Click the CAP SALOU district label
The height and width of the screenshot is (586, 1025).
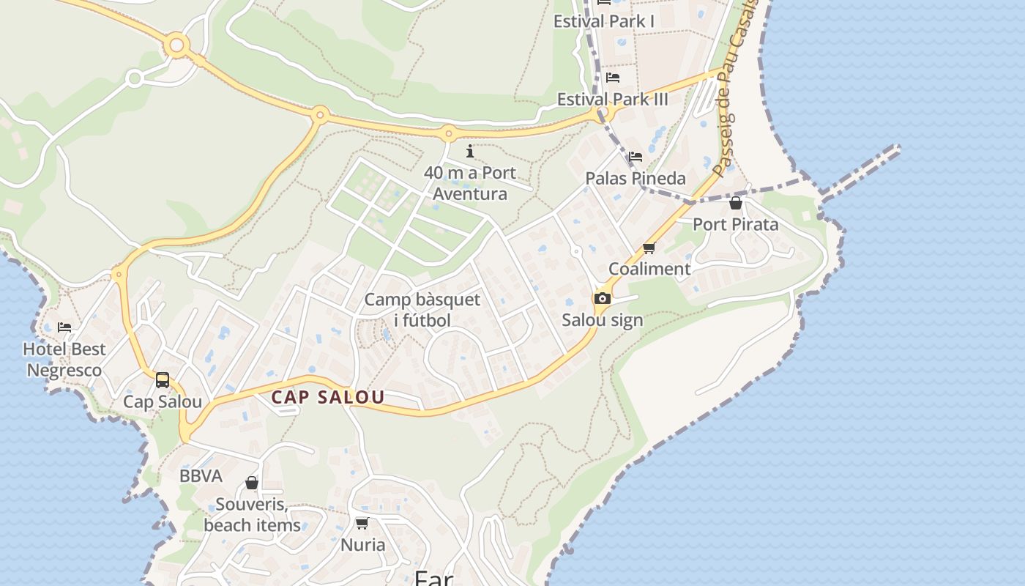(327, 398)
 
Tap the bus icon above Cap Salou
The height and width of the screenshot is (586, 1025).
(163, 380)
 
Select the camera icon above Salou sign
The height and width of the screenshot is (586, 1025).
(603, 298)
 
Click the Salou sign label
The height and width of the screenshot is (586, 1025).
(603, 320)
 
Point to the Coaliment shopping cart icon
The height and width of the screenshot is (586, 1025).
(649, 248)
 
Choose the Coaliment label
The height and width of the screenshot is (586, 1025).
(649, 269)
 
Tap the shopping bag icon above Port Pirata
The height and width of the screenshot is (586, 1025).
(736, 203)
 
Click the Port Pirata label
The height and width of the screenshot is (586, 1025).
(736, 224)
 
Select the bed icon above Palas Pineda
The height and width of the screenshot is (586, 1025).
(635, 157)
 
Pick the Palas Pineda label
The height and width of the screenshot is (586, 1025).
(635, 178)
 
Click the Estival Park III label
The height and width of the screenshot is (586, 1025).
(613, 99)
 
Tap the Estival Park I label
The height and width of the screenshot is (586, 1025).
(604, 21)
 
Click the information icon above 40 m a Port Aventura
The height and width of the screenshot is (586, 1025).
(470, 152)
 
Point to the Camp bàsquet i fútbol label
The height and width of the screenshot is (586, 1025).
(422, 310)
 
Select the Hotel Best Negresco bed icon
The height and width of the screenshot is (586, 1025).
(64, 327)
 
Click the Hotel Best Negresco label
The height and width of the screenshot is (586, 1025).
(64, 360)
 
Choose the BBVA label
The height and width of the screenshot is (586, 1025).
(201, 476)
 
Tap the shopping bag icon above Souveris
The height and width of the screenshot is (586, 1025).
(252, 483)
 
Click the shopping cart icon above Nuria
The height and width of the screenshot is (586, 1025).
(362, 523)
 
